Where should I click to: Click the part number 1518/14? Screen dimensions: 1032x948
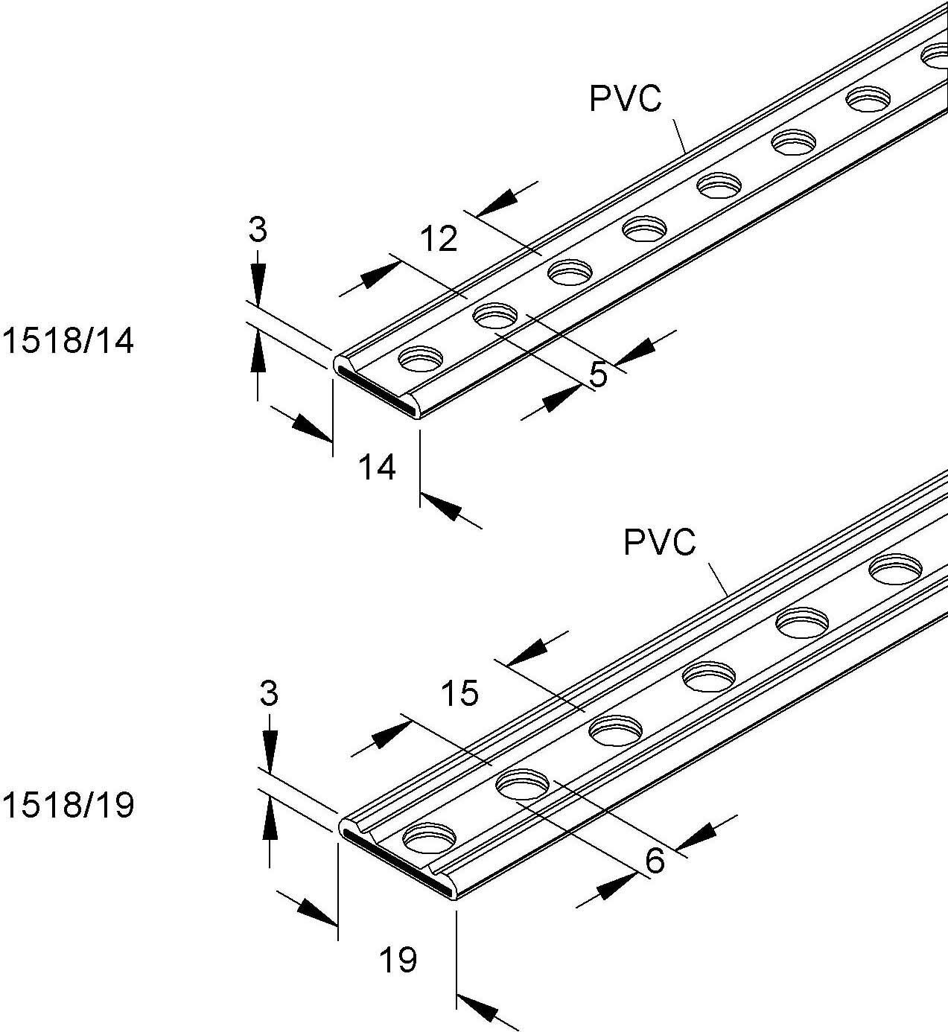click(69, 342)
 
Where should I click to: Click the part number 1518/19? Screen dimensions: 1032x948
click(69, 806)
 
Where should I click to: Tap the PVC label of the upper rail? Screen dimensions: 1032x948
click(625, 99)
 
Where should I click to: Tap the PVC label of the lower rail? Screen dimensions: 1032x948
click(659, 542)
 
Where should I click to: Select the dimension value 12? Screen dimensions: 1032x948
click(439, 239)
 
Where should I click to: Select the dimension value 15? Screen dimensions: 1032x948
click(459, 693)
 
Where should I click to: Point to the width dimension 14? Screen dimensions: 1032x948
click(378, 468)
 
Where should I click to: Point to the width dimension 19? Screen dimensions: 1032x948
click(398, 960)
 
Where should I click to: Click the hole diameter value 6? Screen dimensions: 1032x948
click(655, 861)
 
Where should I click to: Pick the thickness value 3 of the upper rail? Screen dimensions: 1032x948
click(257, 231)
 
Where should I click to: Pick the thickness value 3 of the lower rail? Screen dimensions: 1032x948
click(269, 694)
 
